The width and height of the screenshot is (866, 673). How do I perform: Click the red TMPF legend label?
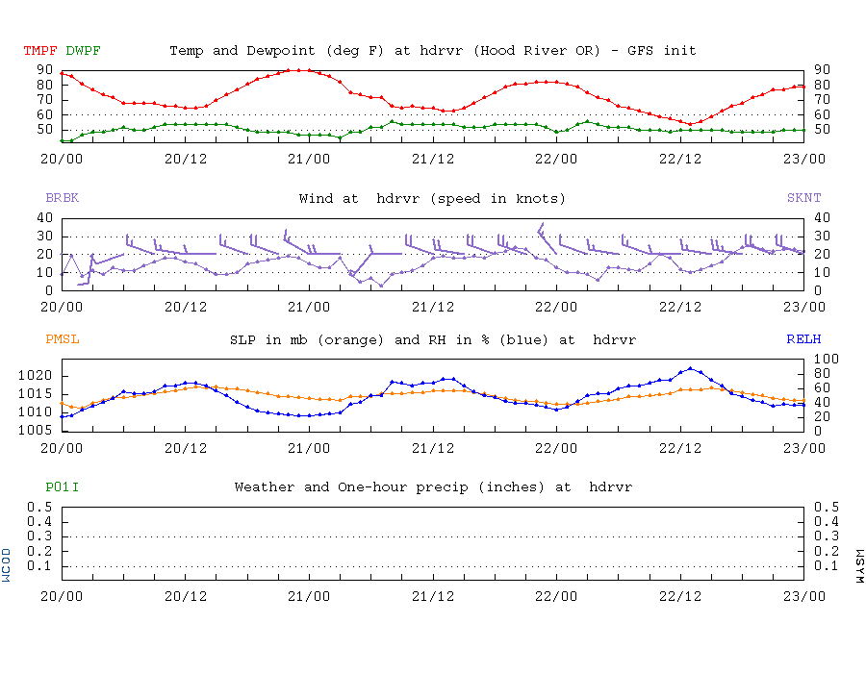pyautogui.click(x=40, y=51)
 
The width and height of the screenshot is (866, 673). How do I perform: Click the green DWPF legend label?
pyautogui.click(x=83, y=51)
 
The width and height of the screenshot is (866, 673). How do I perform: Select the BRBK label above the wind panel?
pyautogui.click(x=62, y=197)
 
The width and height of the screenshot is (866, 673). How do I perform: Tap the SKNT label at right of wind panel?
pyautogui.click(x=803, y=197)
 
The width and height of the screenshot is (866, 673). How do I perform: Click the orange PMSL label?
pyautogui.click(x=62, y=339)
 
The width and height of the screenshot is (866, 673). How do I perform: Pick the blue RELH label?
pyautogui.click(x=803, y=339)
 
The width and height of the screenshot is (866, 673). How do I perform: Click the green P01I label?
pyautogui.click(x=62, y=487)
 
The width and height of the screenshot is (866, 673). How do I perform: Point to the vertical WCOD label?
pyautogui.click(x=6, y=565)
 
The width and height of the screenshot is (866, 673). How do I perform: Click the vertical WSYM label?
pyautogui.click(x=859, y=566)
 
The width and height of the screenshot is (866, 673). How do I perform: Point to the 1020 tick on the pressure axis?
pyautogui.click(x=35, y=376)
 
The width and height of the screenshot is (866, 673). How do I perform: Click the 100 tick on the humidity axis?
pyautogui.click(x=827, y=360)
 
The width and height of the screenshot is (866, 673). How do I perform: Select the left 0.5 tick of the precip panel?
pyautogui.click(x=39, y=507)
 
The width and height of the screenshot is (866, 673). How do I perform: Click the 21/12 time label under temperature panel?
pyautogui.click(x=433, y=159)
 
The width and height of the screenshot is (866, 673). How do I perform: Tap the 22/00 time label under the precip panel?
pyautogui.click(x=556, y=596)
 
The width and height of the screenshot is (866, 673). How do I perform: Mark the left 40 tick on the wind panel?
pyautogui.click(x=44, y=218)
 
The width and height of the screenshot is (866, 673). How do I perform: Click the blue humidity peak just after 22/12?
pyautogui.click(x=690, y=368)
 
